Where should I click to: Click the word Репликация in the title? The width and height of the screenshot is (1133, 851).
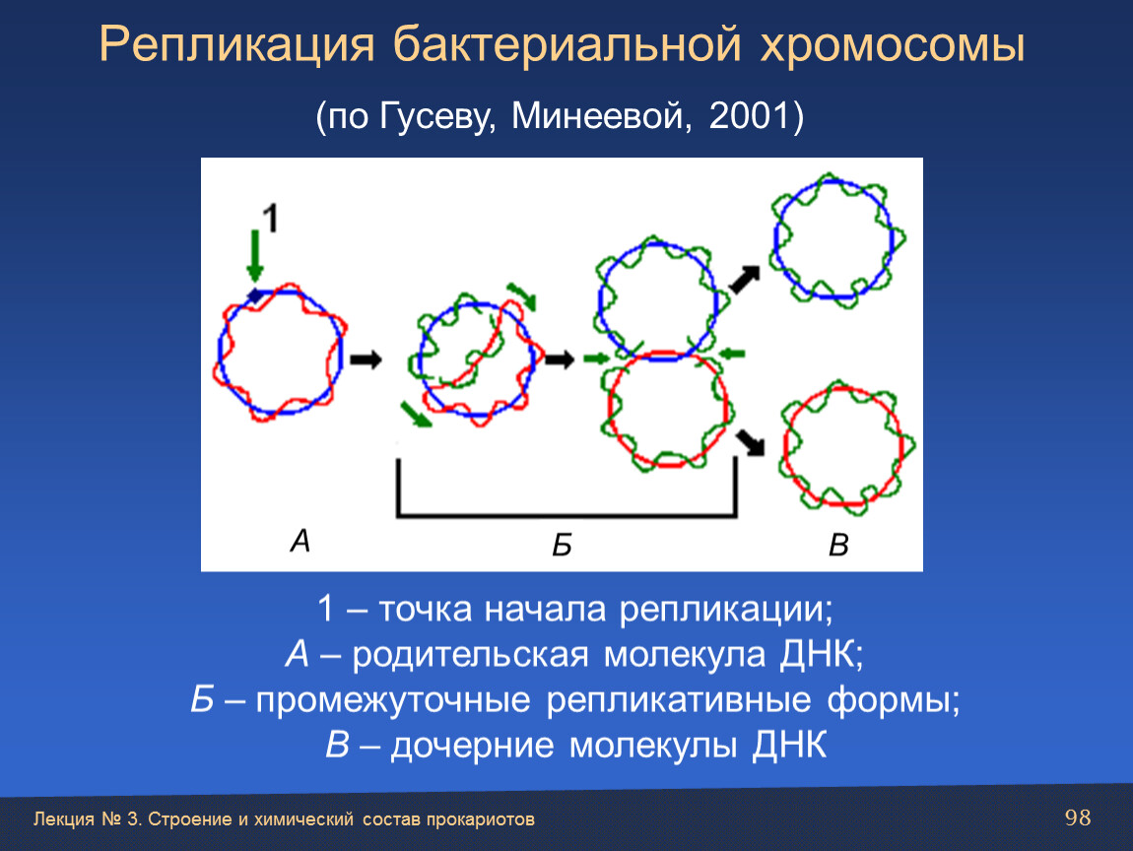click(x=237, y=44)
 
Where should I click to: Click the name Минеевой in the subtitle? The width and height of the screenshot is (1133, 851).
click(x=597, y=115)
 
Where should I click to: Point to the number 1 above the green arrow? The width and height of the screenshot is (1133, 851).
click(x=270, y=219)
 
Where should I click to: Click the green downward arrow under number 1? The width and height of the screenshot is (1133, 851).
click(x=254, y=256)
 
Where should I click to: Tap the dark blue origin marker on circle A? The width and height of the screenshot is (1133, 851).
click(x=256, y=295)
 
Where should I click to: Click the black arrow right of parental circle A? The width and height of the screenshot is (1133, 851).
click(x=366, y=360)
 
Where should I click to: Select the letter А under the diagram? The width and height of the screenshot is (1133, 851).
click(x=300, y=541)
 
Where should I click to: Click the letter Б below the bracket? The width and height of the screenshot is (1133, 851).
click(x=563, y=545)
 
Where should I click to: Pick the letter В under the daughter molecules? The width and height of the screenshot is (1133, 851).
click(x=838, y=545)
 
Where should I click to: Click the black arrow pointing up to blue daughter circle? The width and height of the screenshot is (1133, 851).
click(x=744, y=280)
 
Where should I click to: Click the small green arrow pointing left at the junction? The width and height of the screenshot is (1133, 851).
click(x=732, y=354)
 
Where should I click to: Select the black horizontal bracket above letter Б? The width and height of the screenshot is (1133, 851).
click(x=566, y=514)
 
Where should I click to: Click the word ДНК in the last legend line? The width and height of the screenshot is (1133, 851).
click(x=789, y=745)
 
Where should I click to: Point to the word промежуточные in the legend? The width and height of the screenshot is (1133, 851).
click(x=392, y=700)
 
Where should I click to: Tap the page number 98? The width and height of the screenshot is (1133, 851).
click(x=1078, y=818)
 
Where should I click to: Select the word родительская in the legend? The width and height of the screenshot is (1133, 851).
click(x=470, y=655)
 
